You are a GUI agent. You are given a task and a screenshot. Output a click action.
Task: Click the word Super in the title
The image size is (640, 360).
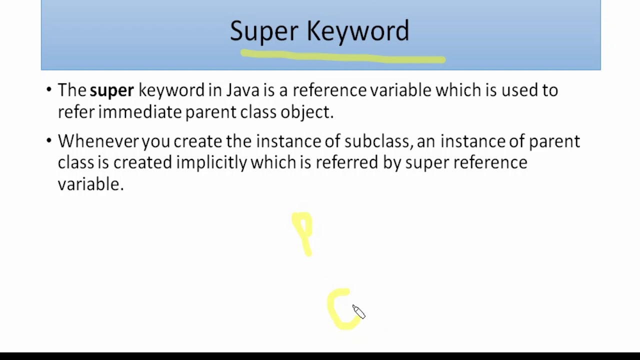pos(263,31)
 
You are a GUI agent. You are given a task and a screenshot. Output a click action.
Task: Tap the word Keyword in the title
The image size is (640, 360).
pos(358,31)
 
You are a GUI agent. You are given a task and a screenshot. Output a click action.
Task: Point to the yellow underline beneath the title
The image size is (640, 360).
pos(342,56)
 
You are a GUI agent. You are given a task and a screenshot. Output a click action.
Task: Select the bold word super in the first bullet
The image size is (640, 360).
pos(111,90)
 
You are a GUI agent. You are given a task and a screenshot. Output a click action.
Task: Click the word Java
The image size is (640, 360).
pos(243,90)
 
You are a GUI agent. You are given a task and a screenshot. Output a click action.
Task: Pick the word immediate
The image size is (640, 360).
pos(139,112)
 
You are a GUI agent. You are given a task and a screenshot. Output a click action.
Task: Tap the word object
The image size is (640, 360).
pos(306,112)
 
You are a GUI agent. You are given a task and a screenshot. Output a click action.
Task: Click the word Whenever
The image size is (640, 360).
pos(98,141)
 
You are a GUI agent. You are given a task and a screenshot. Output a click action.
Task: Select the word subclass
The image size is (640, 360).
pos(376,141)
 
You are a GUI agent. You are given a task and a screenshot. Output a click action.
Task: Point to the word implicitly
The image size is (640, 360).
pos(211,162)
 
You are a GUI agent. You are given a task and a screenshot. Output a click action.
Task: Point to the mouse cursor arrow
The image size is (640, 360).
pos(358,311)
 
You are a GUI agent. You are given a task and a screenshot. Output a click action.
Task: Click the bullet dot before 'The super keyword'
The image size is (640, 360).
pos(48,90)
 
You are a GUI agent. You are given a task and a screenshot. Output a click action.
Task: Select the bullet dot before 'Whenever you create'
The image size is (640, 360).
pos(48,140)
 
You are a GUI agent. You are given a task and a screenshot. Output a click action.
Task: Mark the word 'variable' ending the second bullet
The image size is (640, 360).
pos(90,184)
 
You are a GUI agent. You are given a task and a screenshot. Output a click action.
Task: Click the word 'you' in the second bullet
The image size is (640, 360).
pos(155,141)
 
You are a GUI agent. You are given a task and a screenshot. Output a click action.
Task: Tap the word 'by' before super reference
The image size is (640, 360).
pos(391,163)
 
